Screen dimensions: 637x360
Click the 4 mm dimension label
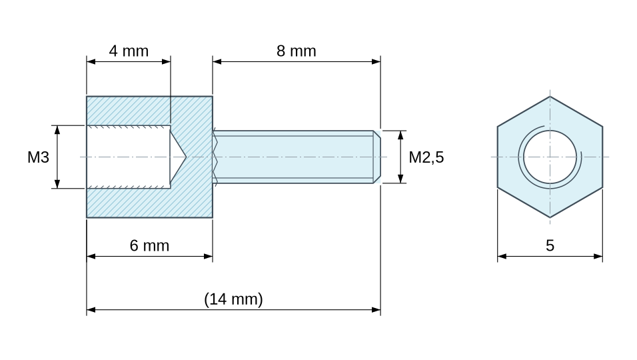point(129,51)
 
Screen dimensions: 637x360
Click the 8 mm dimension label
point(296,51)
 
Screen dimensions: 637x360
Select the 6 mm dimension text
point(149,246)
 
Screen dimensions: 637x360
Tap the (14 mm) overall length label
point(234,299)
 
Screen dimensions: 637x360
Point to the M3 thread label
point(38,157)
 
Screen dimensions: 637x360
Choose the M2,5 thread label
point(426,157)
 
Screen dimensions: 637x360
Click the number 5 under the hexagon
point(550,246)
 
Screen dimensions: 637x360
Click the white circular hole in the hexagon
point(550,157)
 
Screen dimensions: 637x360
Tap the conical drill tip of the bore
point(178,157)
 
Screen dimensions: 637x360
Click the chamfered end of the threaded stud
point(377,157)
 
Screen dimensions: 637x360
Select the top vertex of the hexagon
point(550,96)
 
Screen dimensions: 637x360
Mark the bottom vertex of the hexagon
point(550,218)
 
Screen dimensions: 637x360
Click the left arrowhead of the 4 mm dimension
point(91,62)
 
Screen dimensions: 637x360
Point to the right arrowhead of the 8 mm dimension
point(376,62)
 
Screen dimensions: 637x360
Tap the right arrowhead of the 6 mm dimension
point(208,257)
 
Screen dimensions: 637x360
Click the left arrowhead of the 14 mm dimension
point(91,309)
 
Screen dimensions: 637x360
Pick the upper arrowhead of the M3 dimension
point(57,130)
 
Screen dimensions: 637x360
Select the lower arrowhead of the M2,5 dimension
point(400,179)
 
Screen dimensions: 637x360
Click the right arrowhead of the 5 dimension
point(598,257)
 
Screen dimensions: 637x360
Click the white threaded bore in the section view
point(129,157)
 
